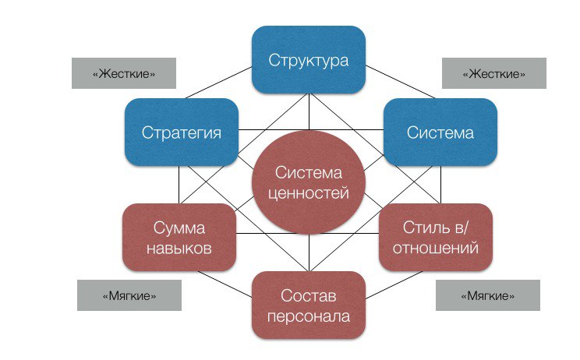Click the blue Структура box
coord(309,60)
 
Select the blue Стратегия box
coord(181,132)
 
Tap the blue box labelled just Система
coord(440,132)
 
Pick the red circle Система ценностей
coord(309,182)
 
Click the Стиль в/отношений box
coord(436,237)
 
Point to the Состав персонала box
coord(309,305)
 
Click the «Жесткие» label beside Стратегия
coord(123,73)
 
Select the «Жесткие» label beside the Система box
coord(494,73)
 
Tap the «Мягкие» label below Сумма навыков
coord(129,296)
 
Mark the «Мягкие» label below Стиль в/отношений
coord(488,296)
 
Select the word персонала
coord(309,316)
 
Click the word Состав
coord(309,295)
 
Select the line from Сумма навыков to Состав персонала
coord(226,282)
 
